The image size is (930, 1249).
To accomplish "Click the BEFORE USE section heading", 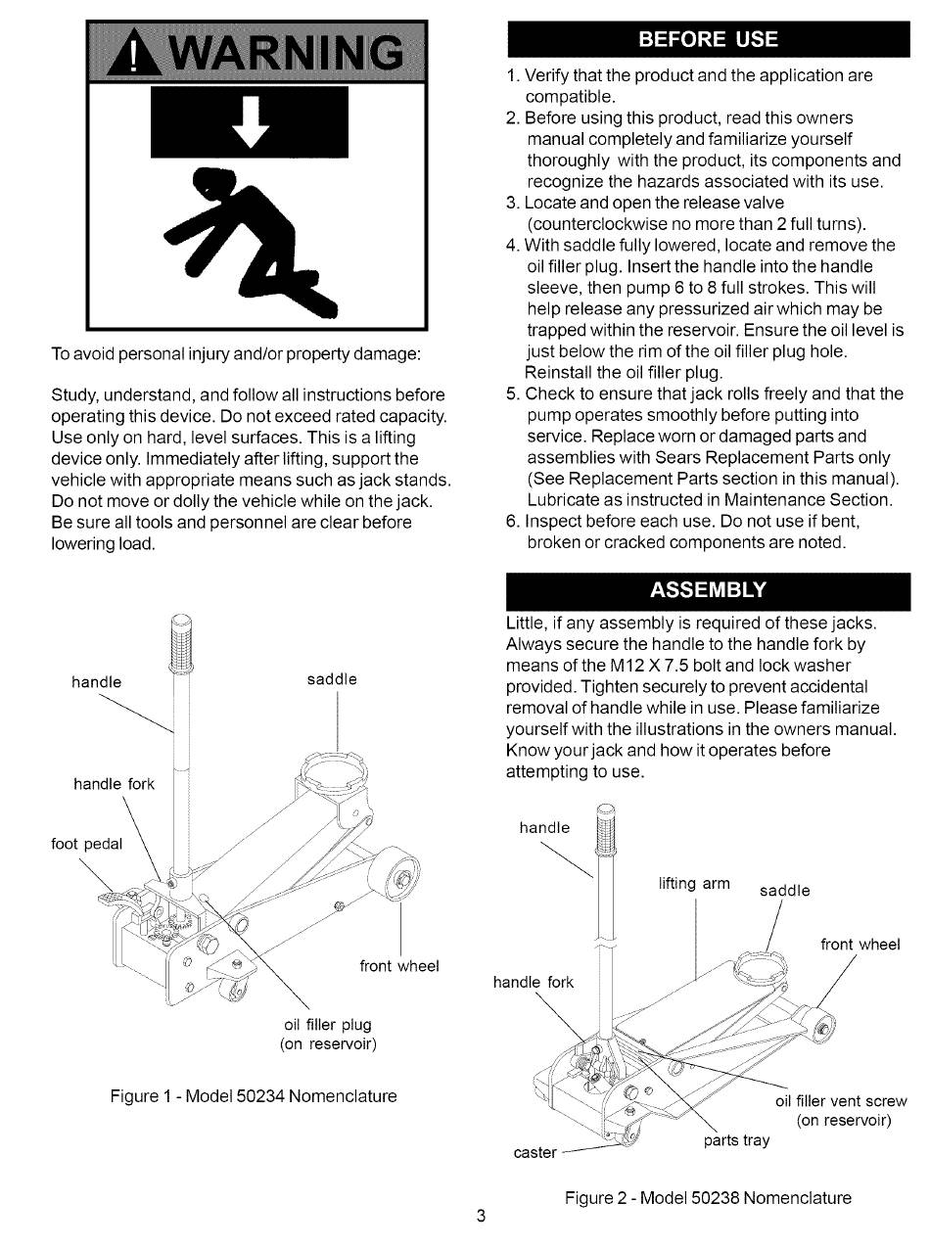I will (x=708, y=39).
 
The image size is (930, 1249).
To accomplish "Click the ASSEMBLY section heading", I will (x=708, y=590).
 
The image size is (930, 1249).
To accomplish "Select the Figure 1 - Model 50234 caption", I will (x=254, y=1095).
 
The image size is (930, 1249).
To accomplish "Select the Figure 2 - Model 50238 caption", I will (x=708, y=1197).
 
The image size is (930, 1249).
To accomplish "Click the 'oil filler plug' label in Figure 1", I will (x=328, y=1025).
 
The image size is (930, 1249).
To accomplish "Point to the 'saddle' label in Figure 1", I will (x=332, y=679).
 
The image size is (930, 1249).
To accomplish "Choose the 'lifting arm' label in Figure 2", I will (x=694, y=883).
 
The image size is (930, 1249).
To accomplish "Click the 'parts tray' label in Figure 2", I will (x=736, y=1140).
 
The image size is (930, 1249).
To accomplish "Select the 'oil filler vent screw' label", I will (x=841, y=1100).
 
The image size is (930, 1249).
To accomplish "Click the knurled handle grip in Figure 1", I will (x=182, y=647).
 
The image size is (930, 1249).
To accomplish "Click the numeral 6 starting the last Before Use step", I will (x=512, y=521).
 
